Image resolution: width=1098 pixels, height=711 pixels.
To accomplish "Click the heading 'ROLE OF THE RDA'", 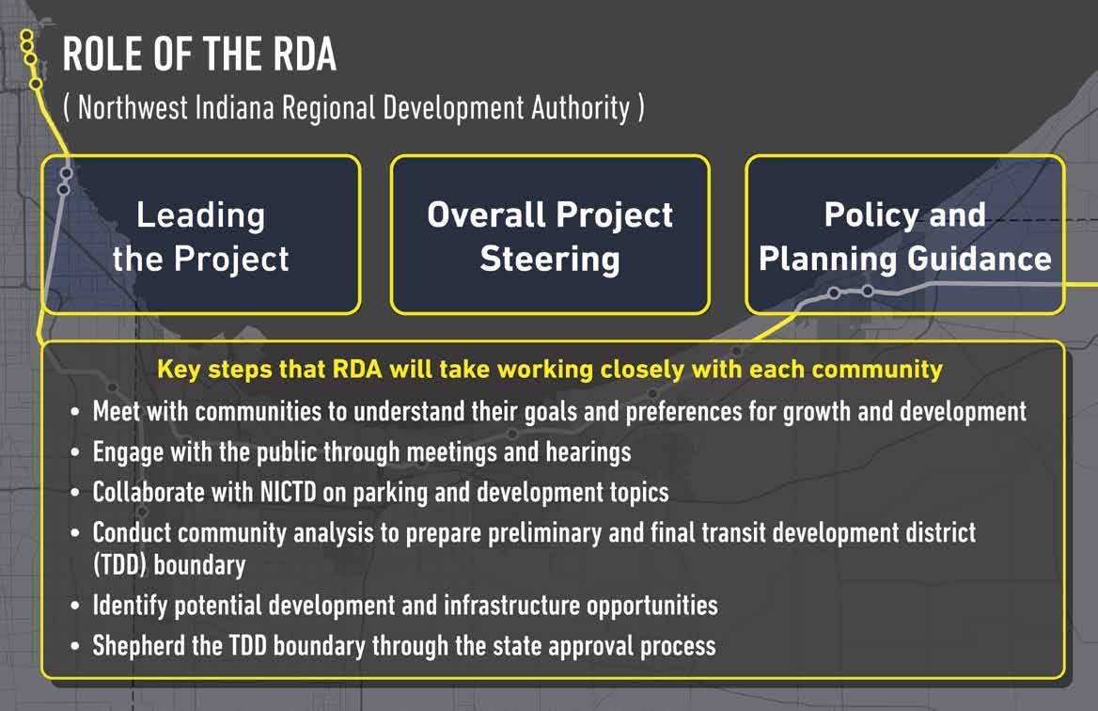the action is click(x=199, y=55).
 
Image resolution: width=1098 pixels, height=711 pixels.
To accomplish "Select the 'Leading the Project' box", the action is click(x=201, y=235).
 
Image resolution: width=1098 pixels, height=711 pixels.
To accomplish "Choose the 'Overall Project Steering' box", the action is click(x=550, y=235).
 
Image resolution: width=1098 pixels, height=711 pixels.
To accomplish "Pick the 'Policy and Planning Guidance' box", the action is click(x=904, y=235).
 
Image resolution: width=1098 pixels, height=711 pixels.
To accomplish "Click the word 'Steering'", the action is click(x=550, y=260).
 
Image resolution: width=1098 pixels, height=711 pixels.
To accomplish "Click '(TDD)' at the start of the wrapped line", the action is click(x=119, y=565).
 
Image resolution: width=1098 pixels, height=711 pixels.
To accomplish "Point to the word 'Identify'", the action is click(x=130, y=606).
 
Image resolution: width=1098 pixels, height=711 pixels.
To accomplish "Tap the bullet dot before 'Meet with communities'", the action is click(x=75, y=413).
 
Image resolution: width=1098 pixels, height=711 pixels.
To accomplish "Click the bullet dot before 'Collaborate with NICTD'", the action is click(x=75, y=493).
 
